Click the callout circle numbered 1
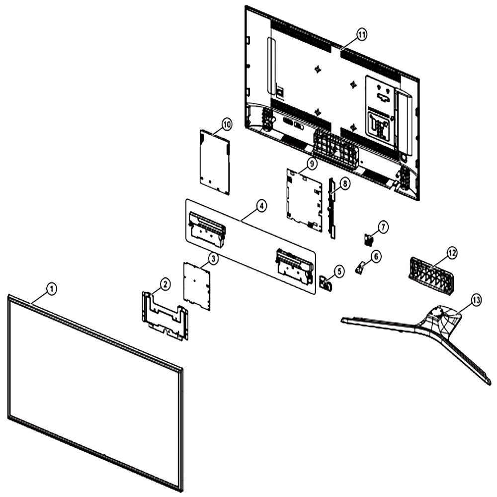[x=52, y=289]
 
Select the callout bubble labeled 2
[x=165, y=284]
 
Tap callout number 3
[x=213, y=258]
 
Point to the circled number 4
[x=261, y=206]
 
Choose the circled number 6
[x=376, y=256]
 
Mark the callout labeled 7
[x=383, y=227]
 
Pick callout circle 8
[x=345, y=183]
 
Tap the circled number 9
[x=312, y=164]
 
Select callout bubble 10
[x=227, y=125]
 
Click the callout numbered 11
[x=362, y=35]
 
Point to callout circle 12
[x=452, y=253]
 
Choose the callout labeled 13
[x=476, y=300]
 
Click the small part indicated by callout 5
[x=326, y=283]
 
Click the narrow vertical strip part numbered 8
[x=332, y=208]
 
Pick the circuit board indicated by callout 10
[x=215, y=162]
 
